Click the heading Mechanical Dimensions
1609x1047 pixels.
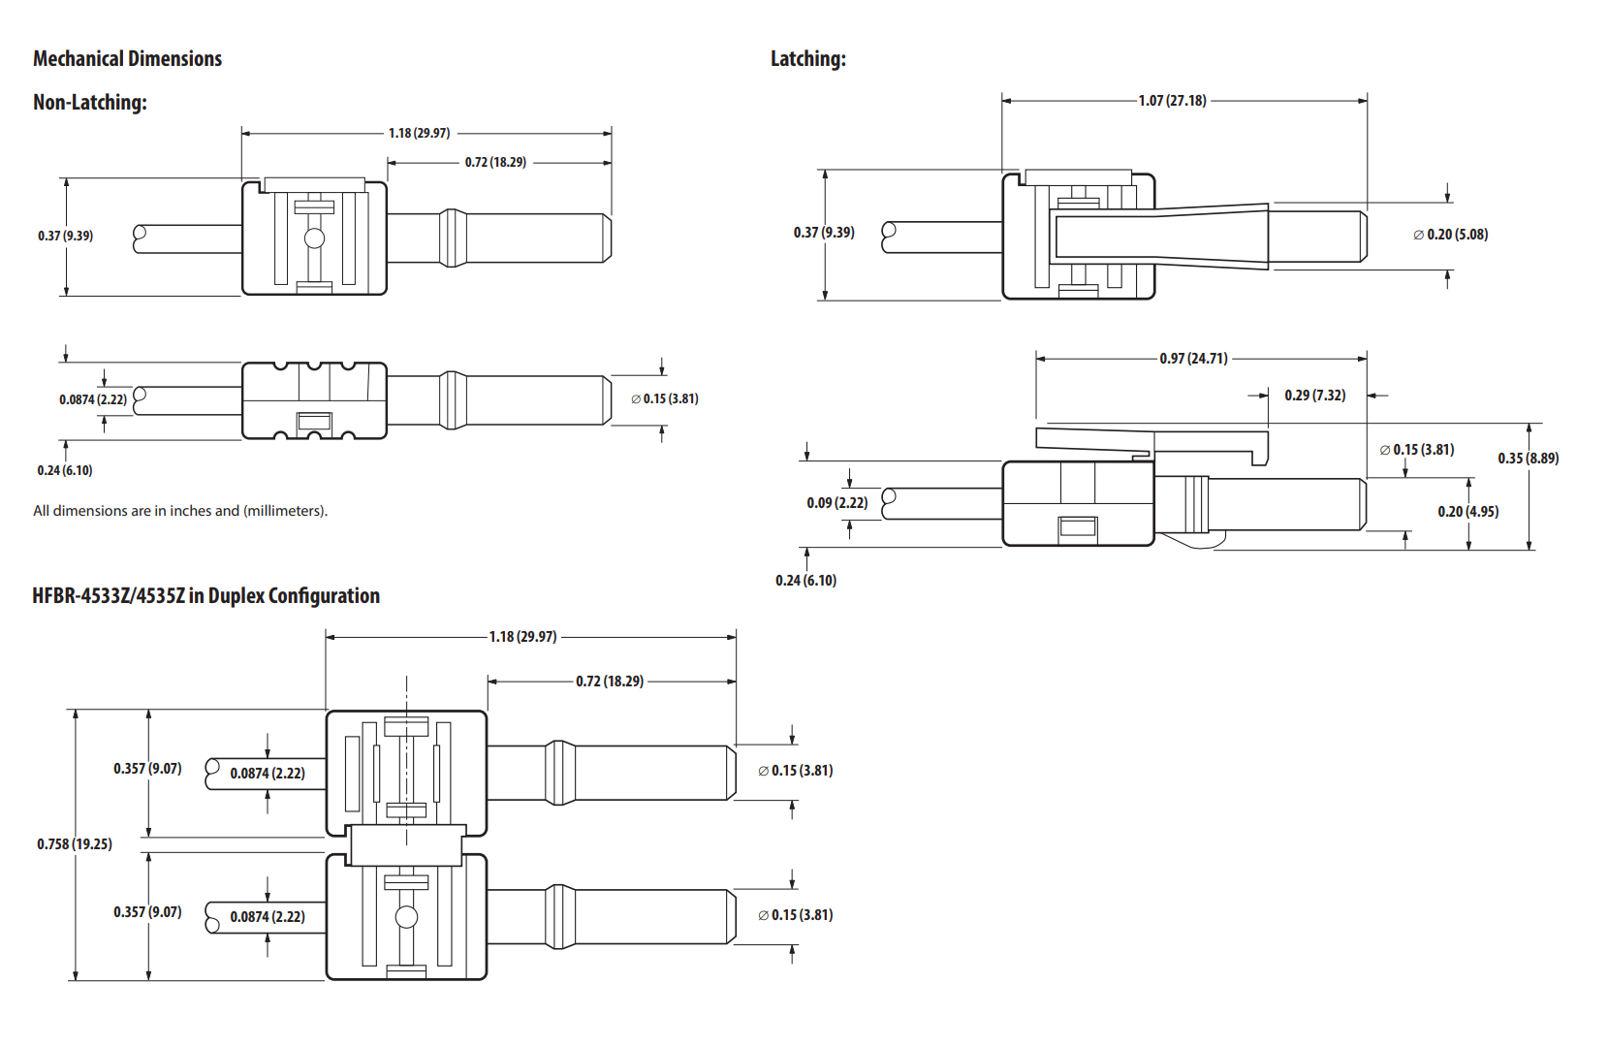127,59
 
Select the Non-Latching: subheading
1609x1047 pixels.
90,103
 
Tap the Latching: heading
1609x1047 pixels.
807,59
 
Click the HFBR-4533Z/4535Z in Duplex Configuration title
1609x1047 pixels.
205,596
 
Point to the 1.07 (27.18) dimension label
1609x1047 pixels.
1172,101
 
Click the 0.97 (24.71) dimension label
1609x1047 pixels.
1193,359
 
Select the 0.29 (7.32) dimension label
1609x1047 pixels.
1314,396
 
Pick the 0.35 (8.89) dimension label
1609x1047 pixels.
1528,459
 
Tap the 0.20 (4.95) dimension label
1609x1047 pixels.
1467,512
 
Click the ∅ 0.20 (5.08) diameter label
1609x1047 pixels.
1450,235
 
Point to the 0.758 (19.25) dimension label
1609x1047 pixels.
75,844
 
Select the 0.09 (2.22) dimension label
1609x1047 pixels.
836,503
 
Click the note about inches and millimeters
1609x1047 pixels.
180,511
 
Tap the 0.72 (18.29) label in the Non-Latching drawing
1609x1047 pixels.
495,163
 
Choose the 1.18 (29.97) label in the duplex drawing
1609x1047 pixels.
522,637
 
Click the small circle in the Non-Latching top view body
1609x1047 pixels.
314,238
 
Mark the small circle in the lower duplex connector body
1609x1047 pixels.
407,917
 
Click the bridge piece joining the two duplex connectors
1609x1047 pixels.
405,845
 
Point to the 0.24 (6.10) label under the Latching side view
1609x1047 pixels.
805,581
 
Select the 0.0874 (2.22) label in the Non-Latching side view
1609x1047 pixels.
93,399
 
